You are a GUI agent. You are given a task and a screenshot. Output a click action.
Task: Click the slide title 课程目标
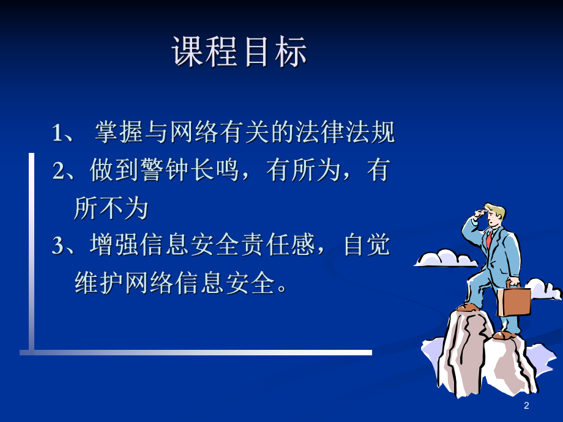tap(239, 52)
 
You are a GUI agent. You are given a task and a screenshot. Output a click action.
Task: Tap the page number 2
tap(526, 406)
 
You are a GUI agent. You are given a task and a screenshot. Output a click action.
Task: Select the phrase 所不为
tap(111, 209)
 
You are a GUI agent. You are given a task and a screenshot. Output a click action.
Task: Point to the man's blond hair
tap(496, 210)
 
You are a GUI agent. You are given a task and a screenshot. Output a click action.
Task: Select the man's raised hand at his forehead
tap(477, 213)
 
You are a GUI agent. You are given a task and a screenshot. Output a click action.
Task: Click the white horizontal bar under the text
tap(196, 352)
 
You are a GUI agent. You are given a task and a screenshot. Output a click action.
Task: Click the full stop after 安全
tap(282, 289)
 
